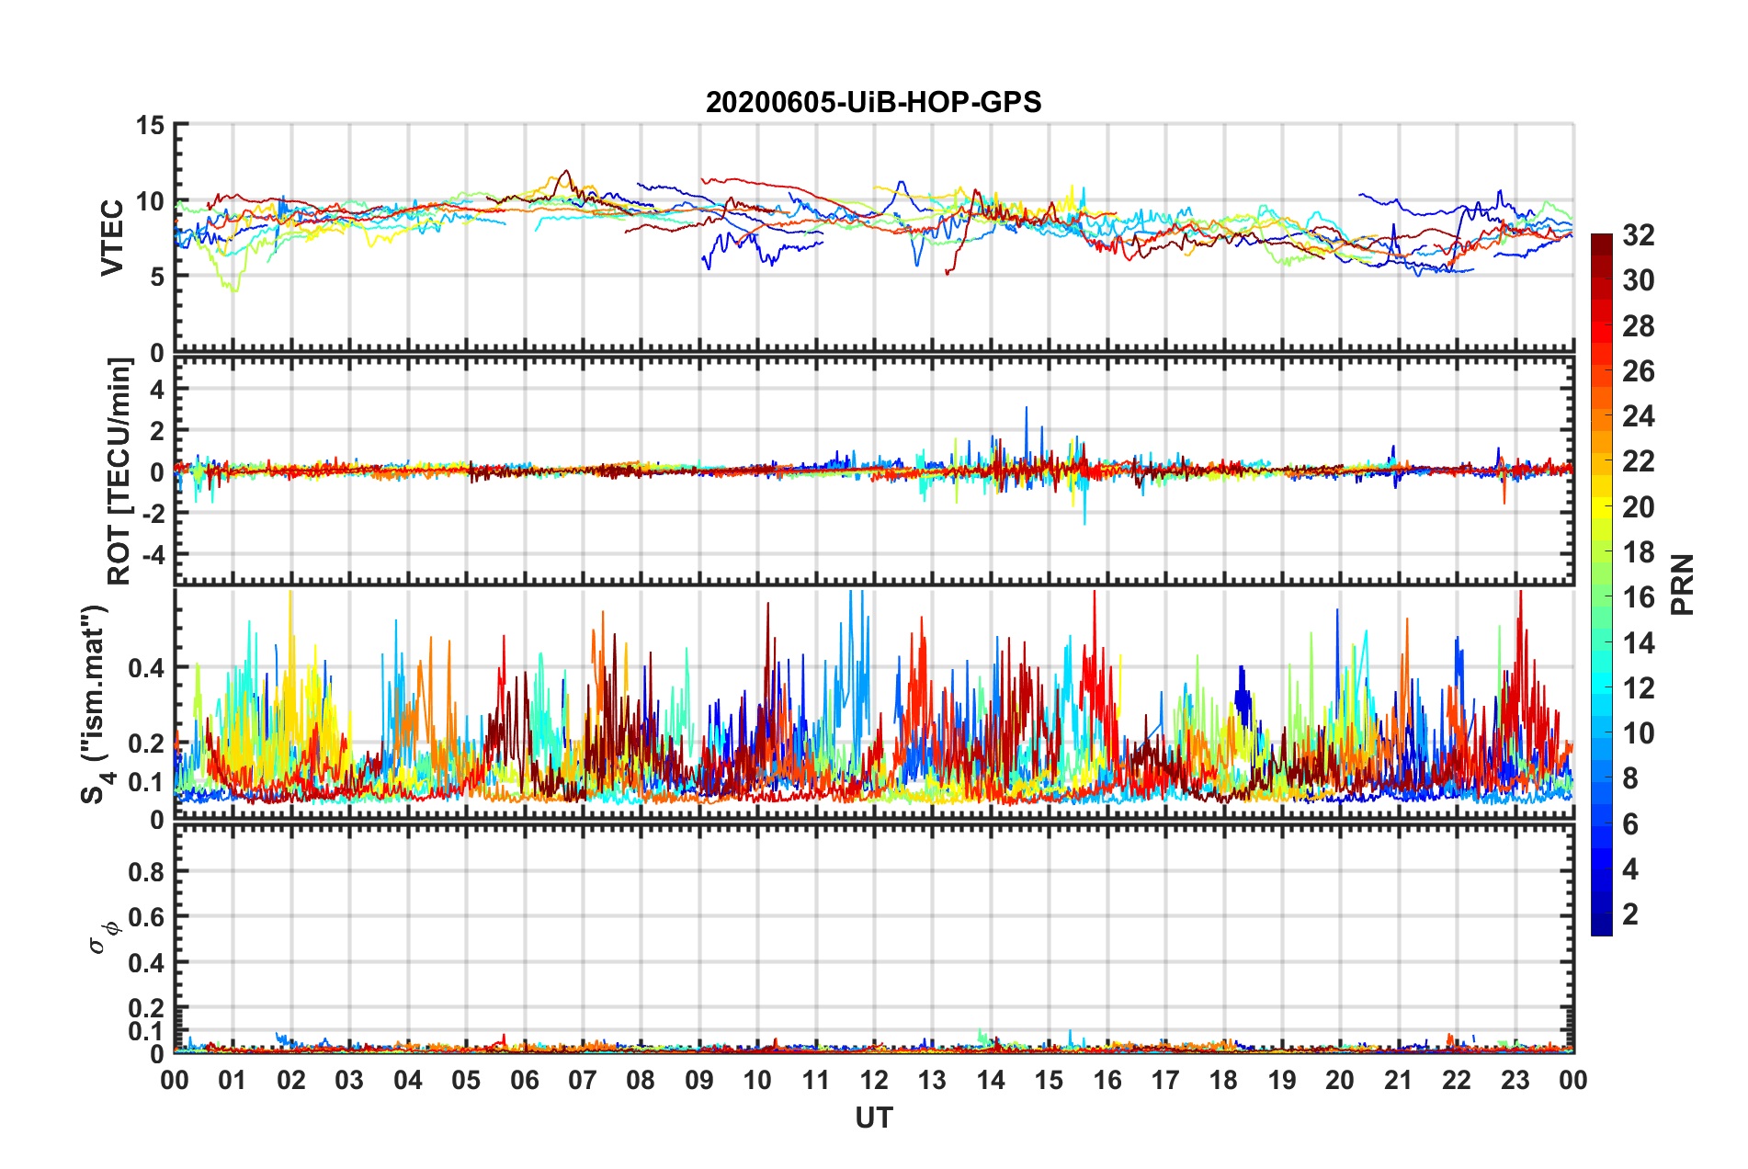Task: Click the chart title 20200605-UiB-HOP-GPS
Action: pyautogui.click(x=873, y=102)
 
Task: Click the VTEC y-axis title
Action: pyautogui.click(x=112, y=237)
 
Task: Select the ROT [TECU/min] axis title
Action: pyautogui.click(x=119, y=471)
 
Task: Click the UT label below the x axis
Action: pyautogui.click(x=873, y=1118)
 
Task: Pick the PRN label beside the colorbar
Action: pyautogui.click(x=1682, y=584)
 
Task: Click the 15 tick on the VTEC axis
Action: pyautogui.click(x=150, y=125)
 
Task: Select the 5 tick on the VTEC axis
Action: pyautogui.click(x=157, y=277)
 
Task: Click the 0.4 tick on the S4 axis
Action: pyautogui.click(x=146, y=668)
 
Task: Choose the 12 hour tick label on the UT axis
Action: pyautogui.click(x=874, y=1081)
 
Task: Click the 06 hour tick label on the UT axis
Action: pyautogui.click(x=525, y=1081)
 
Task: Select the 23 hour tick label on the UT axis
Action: pyautogui.click(x=1515, y=1081)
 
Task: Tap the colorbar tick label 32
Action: pyautogui.click(x=1638, y=235)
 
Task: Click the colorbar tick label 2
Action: pyautogui.click(x=1629, y=914)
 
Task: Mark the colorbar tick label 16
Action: pyautogui.click(x=1638, y=597)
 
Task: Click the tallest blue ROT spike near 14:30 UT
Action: pyautogui.click(x=1027, y=409)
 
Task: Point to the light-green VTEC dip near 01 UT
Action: pyautogui.click(x=234, y=289)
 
